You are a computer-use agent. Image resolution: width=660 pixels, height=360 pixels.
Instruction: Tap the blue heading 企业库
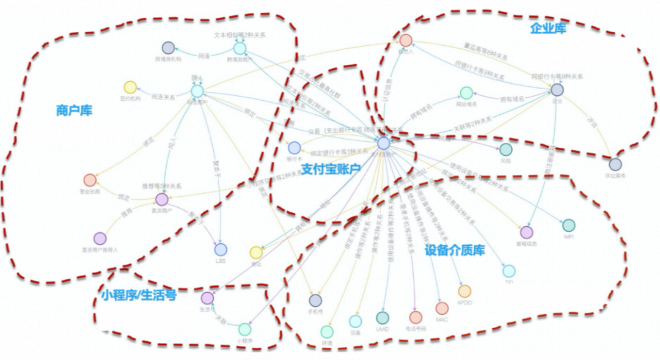(548, 28)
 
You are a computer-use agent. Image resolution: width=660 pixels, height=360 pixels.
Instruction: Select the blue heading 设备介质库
(455, 250)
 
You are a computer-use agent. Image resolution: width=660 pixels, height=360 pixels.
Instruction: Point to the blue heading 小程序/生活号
(139, 295)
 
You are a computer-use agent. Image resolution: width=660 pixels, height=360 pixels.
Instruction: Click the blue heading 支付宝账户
(331, 169)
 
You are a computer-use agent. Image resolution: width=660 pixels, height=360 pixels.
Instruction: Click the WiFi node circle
(568, 225)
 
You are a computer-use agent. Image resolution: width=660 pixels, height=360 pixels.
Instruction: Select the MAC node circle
(442, 308)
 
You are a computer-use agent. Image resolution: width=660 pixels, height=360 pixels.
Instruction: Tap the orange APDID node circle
(464, 291)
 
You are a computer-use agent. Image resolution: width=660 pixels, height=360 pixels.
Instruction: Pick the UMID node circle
(383, 318)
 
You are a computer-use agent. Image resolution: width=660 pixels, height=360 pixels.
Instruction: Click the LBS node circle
(221, 249)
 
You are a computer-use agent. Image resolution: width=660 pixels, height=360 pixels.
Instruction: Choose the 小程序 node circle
(244, 329)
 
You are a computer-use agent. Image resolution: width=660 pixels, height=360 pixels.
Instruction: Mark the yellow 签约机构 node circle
(130, 87)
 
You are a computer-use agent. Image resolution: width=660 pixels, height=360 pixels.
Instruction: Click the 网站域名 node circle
(466, 93)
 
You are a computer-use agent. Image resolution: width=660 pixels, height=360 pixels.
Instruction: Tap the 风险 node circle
(505, 149)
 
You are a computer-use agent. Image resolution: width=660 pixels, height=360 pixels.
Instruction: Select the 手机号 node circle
(315, 300)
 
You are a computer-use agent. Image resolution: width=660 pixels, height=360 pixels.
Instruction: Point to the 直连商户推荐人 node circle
(100, 238)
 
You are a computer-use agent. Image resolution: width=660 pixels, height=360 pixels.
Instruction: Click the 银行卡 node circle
(294, 147)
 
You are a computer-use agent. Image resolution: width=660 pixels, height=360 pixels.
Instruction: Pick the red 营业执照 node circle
(90, 180)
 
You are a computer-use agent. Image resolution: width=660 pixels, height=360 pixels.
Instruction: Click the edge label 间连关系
(163, 97)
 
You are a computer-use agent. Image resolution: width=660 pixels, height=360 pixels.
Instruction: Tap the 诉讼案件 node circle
(615, 164)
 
